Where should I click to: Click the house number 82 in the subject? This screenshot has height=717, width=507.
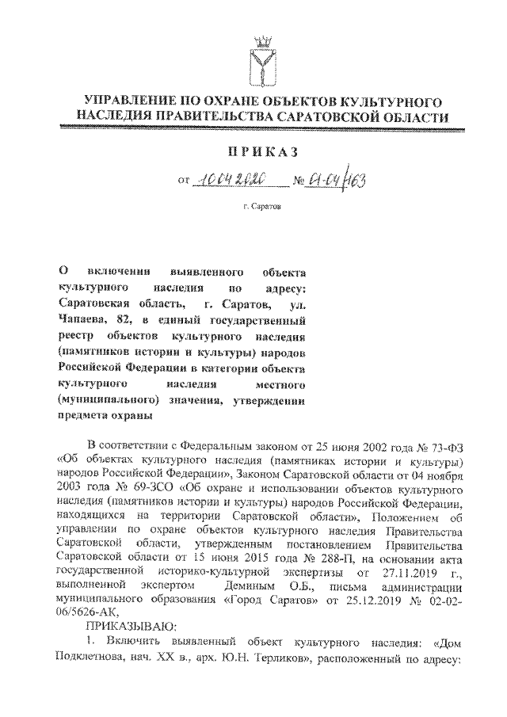click(x=130, y=320)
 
